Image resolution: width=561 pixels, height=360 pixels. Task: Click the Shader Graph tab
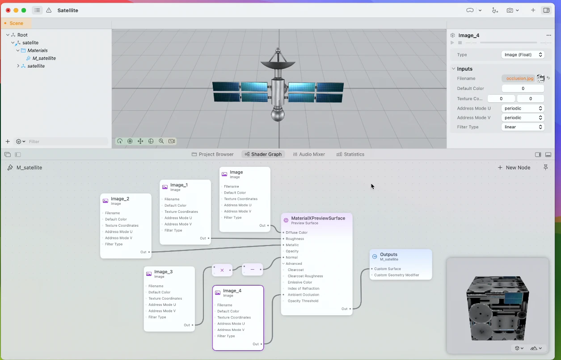click(263, 154)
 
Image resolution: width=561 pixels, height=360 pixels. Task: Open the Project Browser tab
click(212, 154)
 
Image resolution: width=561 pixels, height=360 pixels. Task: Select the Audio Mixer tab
click(309, 154)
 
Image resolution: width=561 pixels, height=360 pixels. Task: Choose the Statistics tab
click(350, 154)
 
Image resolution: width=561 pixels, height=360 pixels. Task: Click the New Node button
click(514, 168)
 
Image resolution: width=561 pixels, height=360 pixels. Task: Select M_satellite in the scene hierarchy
click(44, 58)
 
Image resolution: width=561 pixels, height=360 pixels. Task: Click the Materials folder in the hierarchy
click(37, 51)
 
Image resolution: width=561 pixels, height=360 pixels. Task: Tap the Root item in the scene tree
click(22, 35)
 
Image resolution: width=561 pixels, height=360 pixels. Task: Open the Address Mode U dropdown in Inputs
click(523, 108)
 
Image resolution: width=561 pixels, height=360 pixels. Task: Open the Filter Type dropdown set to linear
click(523, 127)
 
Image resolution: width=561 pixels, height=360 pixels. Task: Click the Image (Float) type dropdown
click(523, 55)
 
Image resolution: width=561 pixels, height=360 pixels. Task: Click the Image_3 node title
click(163, 271)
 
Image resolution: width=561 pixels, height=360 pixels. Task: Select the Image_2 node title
click(120, 199)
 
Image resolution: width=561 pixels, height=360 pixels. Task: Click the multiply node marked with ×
click(222, 270)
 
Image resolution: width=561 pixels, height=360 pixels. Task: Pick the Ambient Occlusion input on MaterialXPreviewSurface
click(303, 295)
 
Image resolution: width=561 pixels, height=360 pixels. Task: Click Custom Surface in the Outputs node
click(388, 269)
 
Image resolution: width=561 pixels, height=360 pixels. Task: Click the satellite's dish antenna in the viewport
click(278, 64)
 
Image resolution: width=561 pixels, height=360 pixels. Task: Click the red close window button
click(8, 10)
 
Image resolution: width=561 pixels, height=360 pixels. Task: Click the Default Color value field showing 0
click(523, 89)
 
